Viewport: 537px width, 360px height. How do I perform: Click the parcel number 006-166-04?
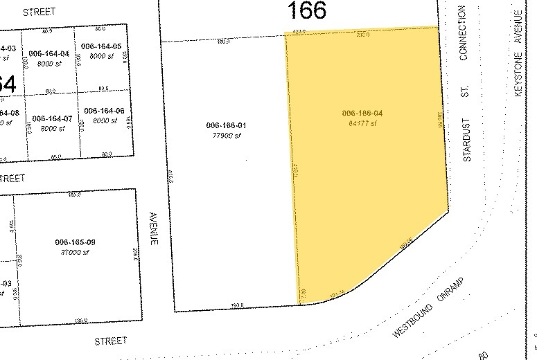[x=362, y=113]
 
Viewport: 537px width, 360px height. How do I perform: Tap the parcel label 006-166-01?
[x=226, y=125]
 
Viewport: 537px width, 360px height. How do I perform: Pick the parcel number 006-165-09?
[x=74, y=242]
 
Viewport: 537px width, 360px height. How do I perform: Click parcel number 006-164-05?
[x=101, y=46]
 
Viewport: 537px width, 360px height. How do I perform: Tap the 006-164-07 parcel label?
[x=52, y=118]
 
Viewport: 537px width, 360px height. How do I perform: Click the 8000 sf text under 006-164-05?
[x=101, y=55]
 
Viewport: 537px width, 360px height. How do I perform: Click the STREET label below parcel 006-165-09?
[x=112, y=341]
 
